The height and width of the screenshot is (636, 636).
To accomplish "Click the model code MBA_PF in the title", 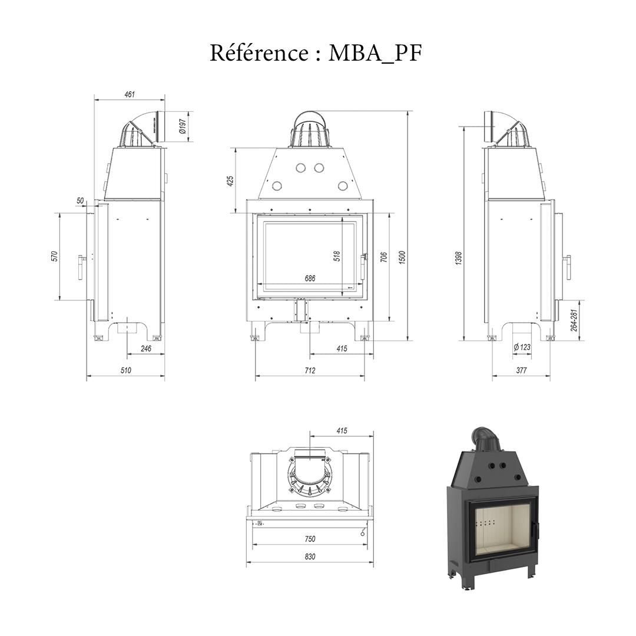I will (x=375, y=54).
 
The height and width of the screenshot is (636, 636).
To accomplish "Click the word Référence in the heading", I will (x=258, y=53).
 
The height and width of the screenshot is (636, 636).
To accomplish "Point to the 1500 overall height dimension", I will (x=402, y=257).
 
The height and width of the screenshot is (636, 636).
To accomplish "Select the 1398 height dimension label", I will (x=459, y=257).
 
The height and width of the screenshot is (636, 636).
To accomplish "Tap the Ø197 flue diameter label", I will (x=183, y=126).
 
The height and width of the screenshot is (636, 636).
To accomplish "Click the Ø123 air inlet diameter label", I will (x=522, y=347).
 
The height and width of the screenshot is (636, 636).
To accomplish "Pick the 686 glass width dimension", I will (x=310, y=279).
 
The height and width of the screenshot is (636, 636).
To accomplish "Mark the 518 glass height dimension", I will (x=337, y=256).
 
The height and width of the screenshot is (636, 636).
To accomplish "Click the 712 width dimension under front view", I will (x=310, y=370).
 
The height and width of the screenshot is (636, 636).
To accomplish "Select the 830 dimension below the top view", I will (x=310, y=556).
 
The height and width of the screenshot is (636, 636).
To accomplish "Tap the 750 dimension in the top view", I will (x=310, y=539).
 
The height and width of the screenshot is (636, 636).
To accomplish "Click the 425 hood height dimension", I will (x=230, y=180).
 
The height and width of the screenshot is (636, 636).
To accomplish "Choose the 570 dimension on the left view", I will (x=54, y=256).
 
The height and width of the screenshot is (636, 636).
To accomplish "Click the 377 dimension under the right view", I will (x=521, y=370).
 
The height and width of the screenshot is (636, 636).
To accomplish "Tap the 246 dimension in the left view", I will (x=145, y=349).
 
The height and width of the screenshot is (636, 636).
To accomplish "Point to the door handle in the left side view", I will (x=79, y=267).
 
